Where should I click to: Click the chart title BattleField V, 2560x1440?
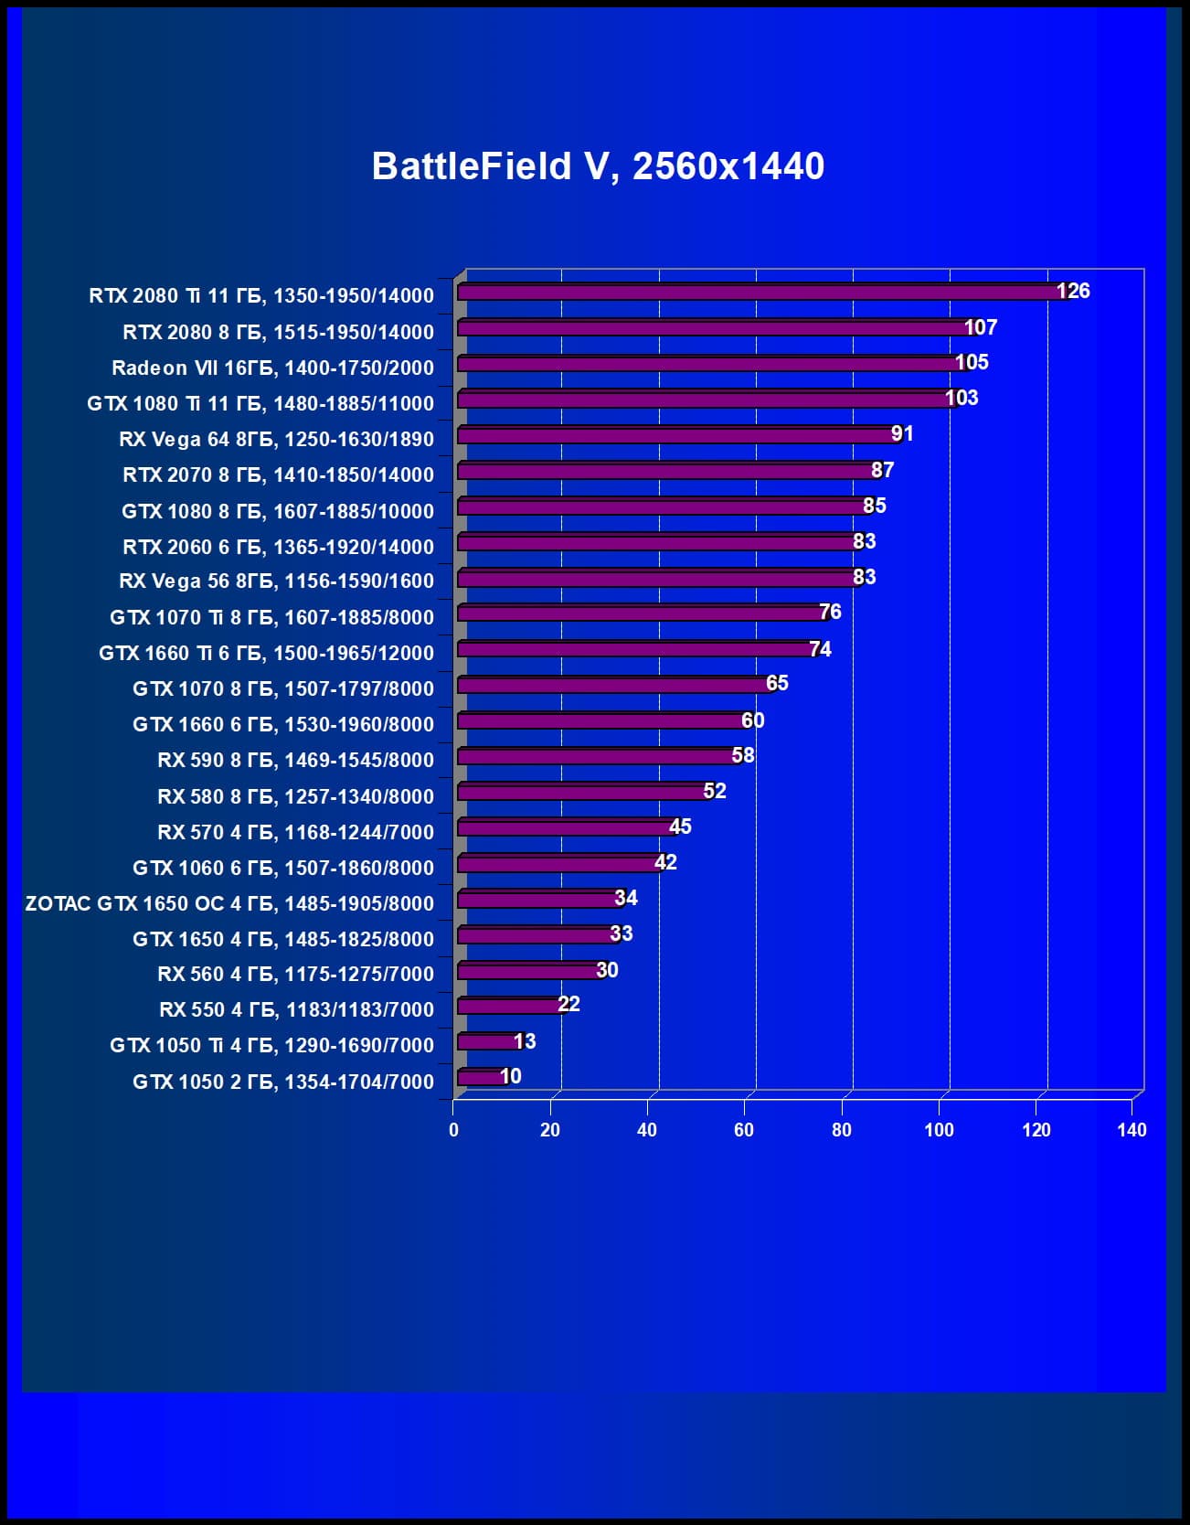pyautogui.click(x=598, y=166)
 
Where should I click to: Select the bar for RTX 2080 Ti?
pyautogui.click(x=759, y=293)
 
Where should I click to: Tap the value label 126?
pyautogui.click(x=1073, y=291)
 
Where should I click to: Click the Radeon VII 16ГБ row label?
pyautogui.click(x=272, y=368)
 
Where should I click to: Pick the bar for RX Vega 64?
pyautogui.click(x=676, y=435)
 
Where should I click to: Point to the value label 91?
pyautogui.click(x=902, y=433)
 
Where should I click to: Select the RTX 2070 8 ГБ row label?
pyautogui.click(x=278, y=475)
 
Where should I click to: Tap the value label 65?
pyautogui.click(x=777, y=683)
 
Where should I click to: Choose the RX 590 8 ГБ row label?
pyautogui.click(x=295, y=760)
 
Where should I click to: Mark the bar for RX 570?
pyautogui.click(x=567, y=828)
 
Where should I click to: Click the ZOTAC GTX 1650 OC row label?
pyautogui.click(x=229, y=903)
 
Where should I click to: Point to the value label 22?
pyautogui.click(x=568, y=1004)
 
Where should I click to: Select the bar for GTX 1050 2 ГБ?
pyautogui.click(x=481, y=1078)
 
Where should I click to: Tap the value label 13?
pyautogui.click(x=525, y=1041)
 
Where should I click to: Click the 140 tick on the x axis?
pyautogui.click(x=1132, y=1130)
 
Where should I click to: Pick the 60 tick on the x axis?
pyautogui.click(x=744, y=1130)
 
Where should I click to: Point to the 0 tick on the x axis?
pyautogui.click(x=453, y=1130)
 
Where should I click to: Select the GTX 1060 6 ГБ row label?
pyautogui.click(x=283, y=868)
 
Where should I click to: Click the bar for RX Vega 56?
pyautogui.click(x=656, y=579)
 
